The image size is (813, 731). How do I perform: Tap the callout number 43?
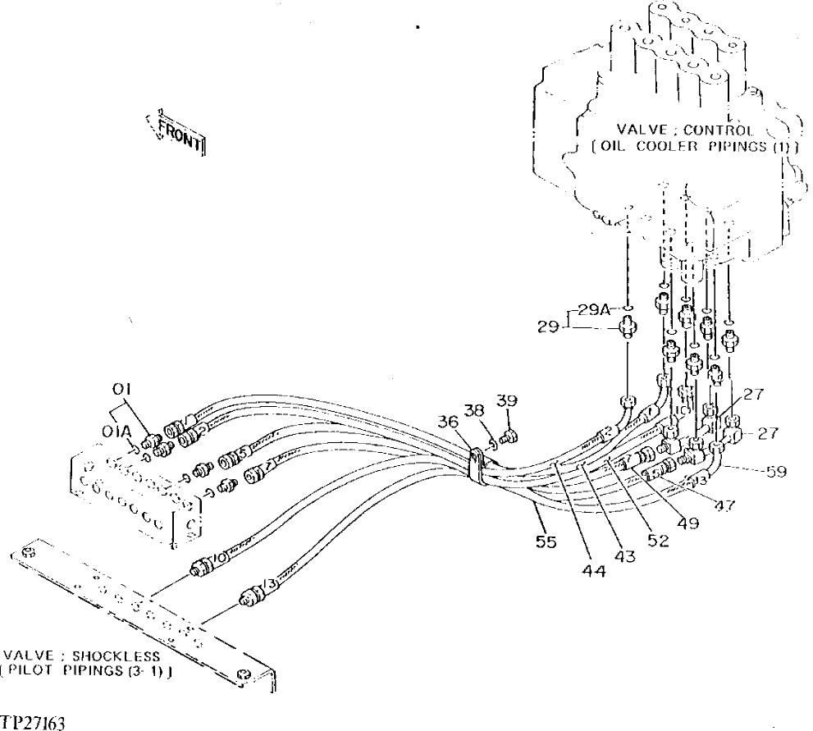pos(627,556)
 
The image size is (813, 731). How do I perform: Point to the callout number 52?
pos(658,541)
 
